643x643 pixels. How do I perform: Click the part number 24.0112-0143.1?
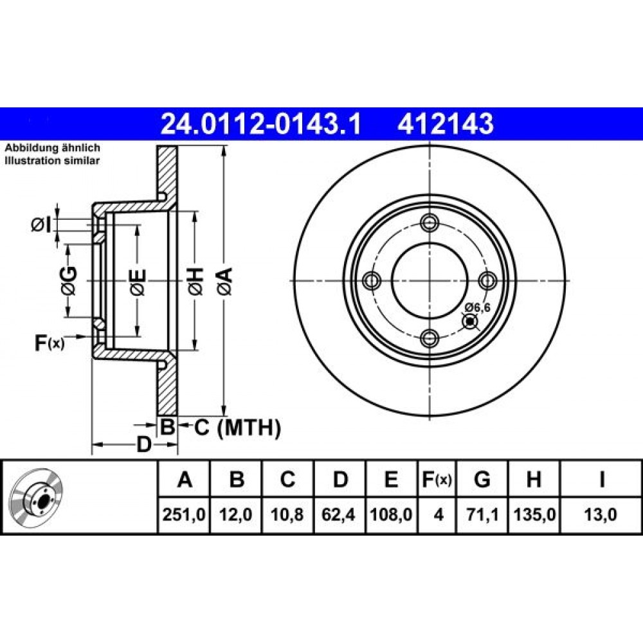(x=261, y=123)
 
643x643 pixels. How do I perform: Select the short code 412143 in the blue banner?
(x=446, y=123)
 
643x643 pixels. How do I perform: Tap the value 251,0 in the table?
(x=184, y=514)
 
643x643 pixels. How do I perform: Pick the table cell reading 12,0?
(x=236, y=514)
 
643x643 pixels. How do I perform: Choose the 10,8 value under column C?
(x=287, y=514)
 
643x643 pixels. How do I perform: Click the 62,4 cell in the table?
(x=339, y=514)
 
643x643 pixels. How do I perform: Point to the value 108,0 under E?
(x=391, y=514)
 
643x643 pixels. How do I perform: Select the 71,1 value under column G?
(x=482, y=514)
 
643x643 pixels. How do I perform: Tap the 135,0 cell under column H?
(x=534, y=514)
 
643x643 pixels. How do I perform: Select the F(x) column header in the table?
(x=437, y=479)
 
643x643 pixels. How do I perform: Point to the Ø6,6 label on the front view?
(x=477, y=307)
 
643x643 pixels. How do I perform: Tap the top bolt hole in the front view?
(x=430, y=223)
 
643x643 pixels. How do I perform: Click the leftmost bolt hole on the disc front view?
(x=372, y=281)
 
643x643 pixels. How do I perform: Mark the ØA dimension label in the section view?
(x=225, y=281)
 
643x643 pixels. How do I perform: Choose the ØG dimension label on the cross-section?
(x=68, y=281)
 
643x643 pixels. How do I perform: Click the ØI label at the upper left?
(x=41, y=224)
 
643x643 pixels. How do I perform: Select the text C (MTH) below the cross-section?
(x=237, y=428)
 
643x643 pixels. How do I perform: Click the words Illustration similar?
(x=52, y=160)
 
